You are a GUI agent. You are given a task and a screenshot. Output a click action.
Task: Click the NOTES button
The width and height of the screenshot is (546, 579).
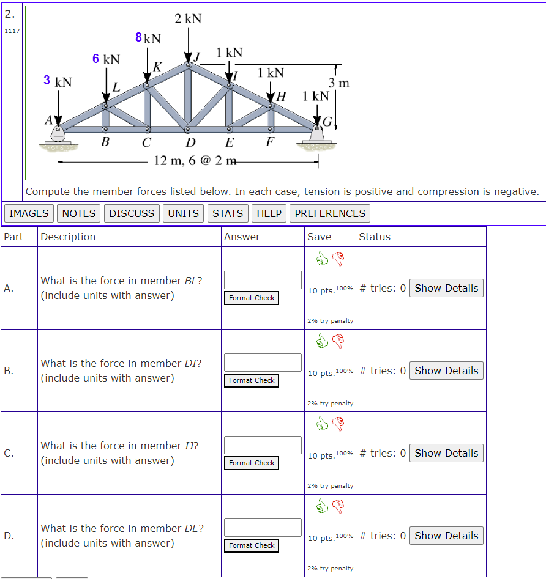pos(79,213)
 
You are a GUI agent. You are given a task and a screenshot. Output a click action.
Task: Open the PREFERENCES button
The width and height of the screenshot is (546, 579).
pos(330,213)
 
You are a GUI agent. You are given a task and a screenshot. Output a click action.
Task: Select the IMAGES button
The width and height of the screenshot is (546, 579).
pos(29,213)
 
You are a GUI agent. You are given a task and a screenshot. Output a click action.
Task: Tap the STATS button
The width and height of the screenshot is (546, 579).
pos(228,213)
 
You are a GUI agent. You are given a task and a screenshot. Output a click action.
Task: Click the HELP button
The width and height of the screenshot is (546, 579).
pos(269,213)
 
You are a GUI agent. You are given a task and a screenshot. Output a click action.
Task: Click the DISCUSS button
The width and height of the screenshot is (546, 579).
pos(132,213)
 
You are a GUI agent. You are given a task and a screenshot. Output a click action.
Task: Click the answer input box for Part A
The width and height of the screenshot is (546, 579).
pos(263,280)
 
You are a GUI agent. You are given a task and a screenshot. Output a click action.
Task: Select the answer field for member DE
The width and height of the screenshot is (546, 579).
pos(263,528)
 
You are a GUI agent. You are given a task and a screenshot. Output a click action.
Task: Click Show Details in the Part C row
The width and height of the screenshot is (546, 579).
pos(446,453)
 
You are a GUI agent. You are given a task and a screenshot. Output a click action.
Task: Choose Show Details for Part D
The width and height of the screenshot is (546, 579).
pos(446,536)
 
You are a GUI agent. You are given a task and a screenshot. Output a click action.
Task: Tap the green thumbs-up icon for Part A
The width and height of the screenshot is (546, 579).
pos(322,260)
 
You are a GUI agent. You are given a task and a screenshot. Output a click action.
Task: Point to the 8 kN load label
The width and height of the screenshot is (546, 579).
pos(148,39)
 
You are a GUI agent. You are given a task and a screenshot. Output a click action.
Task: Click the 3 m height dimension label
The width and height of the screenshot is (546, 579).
pos(338,83)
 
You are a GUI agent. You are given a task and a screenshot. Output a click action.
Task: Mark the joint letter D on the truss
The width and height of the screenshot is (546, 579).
pos(190,144)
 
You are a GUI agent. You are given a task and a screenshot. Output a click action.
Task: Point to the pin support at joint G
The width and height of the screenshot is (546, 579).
pos(317,133)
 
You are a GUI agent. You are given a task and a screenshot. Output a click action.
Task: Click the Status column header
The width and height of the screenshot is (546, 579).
pos(375,237)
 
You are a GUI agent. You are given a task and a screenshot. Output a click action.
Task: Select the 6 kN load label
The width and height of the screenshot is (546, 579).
pos(106,59)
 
